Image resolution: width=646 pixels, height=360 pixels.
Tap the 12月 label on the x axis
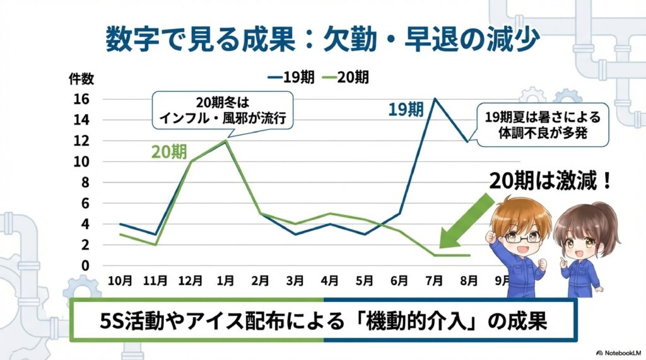(191, 279)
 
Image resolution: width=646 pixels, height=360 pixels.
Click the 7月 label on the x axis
(435, 279)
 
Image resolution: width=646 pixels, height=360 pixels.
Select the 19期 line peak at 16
(435, 99)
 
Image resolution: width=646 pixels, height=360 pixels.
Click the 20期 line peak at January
(225, 141)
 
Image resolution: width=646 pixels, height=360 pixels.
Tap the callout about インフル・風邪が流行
(224, 111)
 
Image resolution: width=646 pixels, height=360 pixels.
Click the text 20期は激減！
(550, 182)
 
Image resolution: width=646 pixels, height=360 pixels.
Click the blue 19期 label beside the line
(405, 109)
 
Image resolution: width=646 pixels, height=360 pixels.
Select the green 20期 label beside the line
(169, 153)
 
